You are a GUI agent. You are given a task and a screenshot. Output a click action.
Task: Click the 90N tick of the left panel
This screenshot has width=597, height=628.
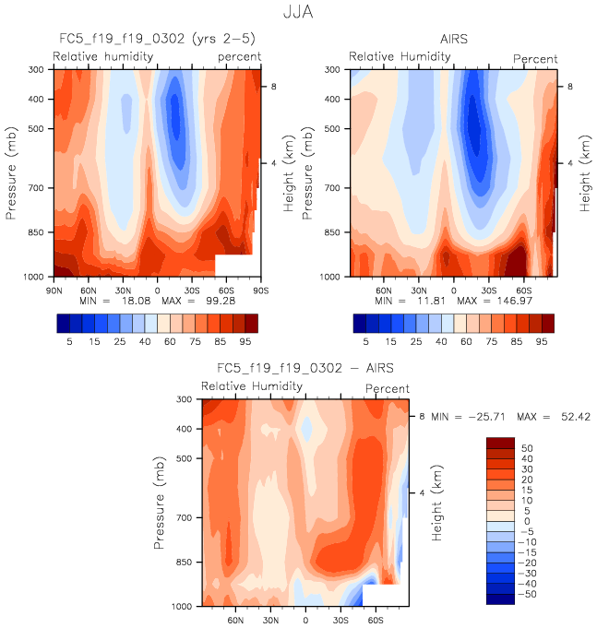54,290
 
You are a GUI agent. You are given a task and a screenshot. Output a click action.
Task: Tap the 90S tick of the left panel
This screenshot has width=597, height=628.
262,290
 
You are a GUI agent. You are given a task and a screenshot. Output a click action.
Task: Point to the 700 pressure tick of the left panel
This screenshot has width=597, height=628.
39,188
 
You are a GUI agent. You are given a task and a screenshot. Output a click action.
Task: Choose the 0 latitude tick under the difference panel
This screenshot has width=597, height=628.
305,620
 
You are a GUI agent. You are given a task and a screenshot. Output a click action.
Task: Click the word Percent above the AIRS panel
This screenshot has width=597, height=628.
535,59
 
